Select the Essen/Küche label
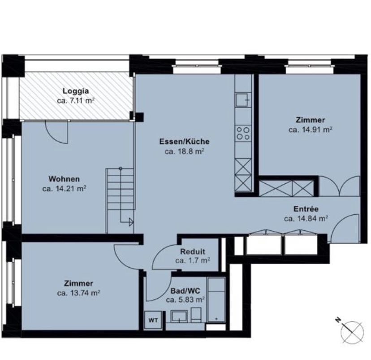pos(184,142)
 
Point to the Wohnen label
pos(64,179)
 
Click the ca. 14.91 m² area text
pos(310,130)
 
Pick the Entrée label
pos(306,209)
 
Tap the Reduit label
pos(193,252)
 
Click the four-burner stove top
pos(243,133)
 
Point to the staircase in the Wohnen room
pos(120,200)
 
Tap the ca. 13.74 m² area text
pos(78,293)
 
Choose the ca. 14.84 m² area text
pos(306,219)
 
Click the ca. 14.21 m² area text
pos(64,189)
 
